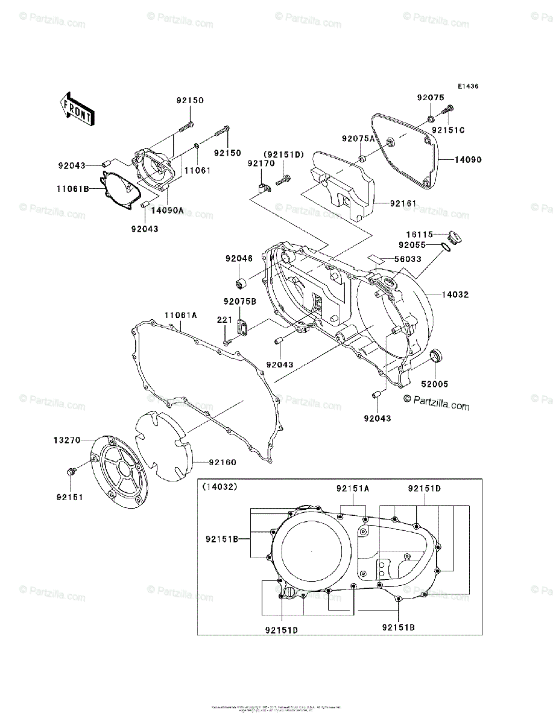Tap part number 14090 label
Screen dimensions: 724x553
[x=468, y=160]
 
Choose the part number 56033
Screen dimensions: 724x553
[x=408, y=259]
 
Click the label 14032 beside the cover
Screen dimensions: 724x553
[x=455, y=295]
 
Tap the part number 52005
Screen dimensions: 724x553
[x=434, y=383]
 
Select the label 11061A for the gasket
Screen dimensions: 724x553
[x=180, y=314]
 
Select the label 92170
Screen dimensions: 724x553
[x=261, y=163]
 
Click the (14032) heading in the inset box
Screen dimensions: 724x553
[x=220, y=486]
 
